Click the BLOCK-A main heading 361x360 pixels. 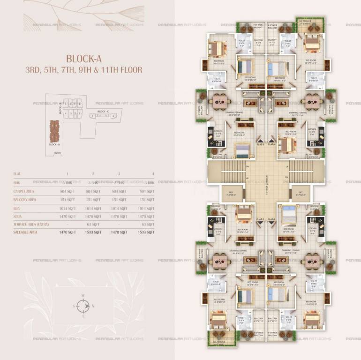coord(84,59)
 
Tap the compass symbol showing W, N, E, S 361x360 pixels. coord(83,306)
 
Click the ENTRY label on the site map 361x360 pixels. coord(58,153)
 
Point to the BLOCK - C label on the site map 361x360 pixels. coord(104,112)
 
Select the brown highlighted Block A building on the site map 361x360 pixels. coord(54,132)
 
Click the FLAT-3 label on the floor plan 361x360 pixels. coord(261,145)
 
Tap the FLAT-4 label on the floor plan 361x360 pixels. coord(272,145)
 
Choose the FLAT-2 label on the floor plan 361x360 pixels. coord(261,219)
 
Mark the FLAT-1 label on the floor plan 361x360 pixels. coord(272,219)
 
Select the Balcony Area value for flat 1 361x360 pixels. coord(68,200)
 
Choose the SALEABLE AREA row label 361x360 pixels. coord(26,232)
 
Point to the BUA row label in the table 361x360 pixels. coord(17,209)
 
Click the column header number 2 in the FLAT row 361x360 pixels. coord(93,174)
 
